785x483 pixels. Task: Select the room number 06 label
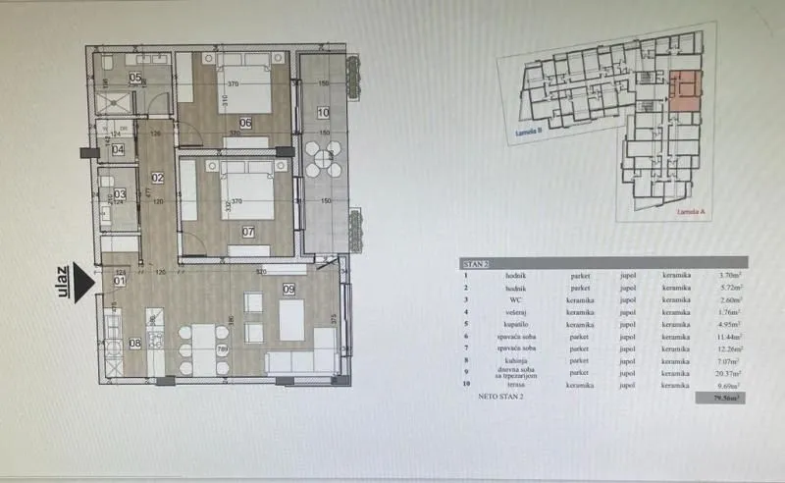tap(244, 123)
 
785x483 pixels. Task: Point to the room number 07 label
tap(247, 233)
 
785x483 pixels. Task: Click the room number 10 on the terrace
tap(323, 113)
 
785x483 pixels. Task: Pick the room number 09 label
tap(288, 289)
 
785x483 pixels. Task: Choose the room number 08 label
tap(134, 343)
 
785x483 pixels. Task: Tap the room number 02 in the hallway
tap(156, 178)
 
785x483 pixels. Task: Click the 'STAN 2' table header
tap(476, 264)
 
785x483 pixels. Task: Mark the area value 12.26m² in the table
tap(727, 349)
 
